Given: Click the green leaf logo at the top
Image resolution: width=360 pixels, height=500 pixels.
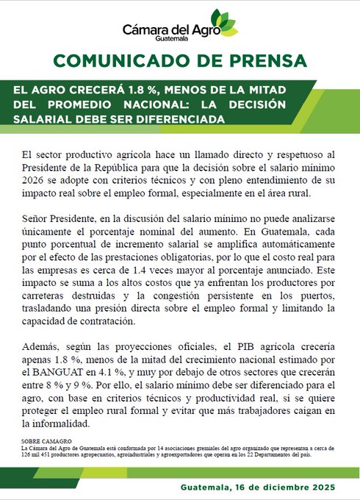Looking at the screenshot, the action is coord(223,22).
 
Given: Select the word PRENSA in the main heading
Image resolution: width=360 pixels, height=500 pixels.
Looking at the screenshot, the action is coord(266,60).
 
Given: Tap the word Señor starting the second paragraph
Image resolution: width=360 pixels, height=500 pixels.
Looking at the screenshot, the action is coord(37,219).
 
